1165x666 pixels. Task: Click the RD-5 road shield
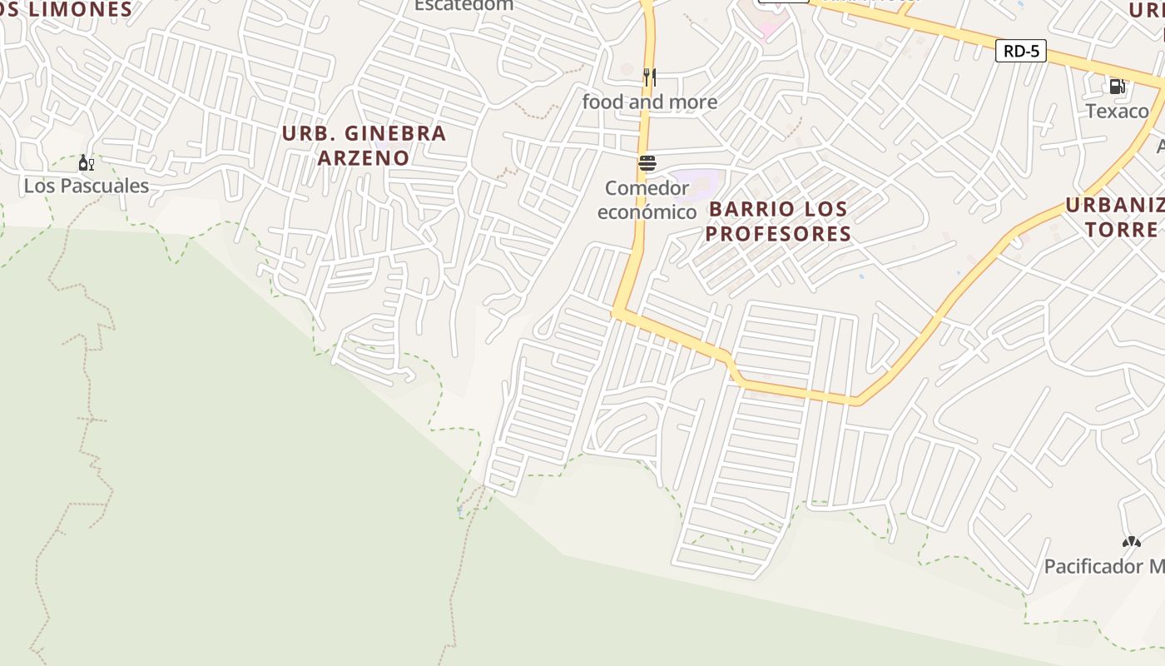[x=1021, y=51]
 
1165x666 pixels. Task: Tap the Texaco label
[x=1117, y=111]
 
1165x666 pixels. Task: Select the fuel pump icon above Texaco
[x=1117, y=86]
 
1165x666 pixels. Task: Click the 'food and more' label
[x=649, y=102]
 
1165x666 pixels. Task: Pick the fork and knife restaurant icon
[x=649, y=77]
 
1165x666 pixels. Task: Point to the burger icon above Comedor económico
[x=647, y=163]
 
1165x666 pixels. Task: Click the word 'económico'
[x=647, y=211]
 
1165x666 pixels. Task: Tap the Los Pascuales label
[x=86, y=186]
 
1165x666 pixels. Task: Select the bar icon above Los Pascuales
[x=86, y=162]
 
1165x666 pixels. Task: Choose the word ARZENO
[x=364, y=157]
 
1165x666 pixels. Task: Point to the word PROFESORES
[x=778, y=233]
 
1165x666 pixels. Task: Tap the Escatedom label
[x=464, y=5]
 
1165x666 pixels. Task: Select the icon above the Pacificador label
[x=1131, y=542]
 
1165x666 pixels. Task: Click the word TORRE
[x=1122, y=229]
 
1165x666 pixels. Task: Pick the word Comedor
[x=647, y=187]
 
